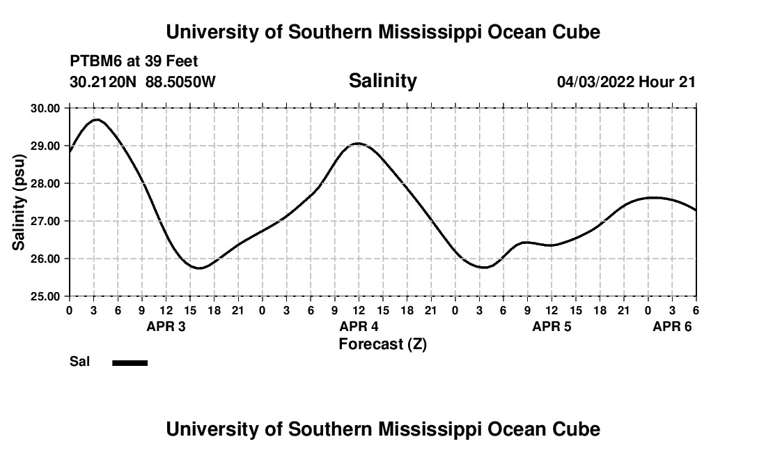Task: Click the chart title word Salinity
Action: [x=382, y=81]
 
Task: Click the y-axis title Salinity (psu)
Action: [x=19, y=202]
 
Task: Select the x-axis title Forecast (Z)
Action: [x=382, y=344]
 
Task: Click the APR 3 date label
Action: [x=166, y=327]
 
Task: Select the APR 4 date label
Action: [x=359, y=327]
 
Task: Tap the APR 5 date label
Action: [x=552, y=327]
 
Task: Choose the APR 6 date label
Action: [x=672, y=327]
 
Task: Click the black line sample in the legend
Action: [x=130, y=362]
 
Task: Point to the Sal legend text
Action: [x=79, y=362]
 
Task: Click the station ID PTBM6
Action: [x=94, y=62]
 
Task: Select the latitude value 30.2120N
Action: [x=104, y=82]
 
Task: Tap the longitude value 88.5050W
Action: [x=181, y=82]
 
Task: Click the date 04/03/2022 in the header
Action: [x=595, y=82]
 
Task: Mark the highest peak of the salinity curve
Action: [x=96, y=120]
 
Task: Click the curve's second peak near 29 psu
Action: [x=358, y=144]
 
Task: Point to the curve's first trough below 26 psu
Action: [x=199, y=268]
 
